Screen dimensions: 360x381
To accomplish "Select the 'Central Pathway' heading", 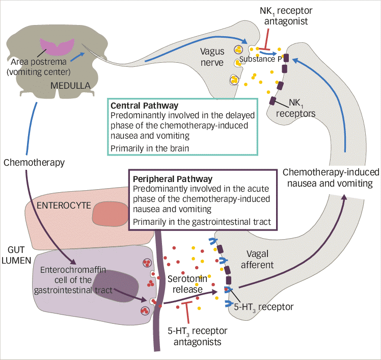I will [x=145, y=106].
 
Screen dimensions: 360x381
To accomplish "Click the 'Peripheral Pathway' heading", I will [x=172, y=179].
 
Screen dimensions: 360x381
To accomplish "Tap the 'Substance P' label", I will [x=261, y=59].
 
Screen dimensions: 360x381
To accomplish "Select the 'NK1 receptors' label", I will [x=295, y=108].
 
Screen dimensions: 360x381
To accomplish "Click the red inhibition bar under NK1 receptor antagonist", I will [x=266, y=42].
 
